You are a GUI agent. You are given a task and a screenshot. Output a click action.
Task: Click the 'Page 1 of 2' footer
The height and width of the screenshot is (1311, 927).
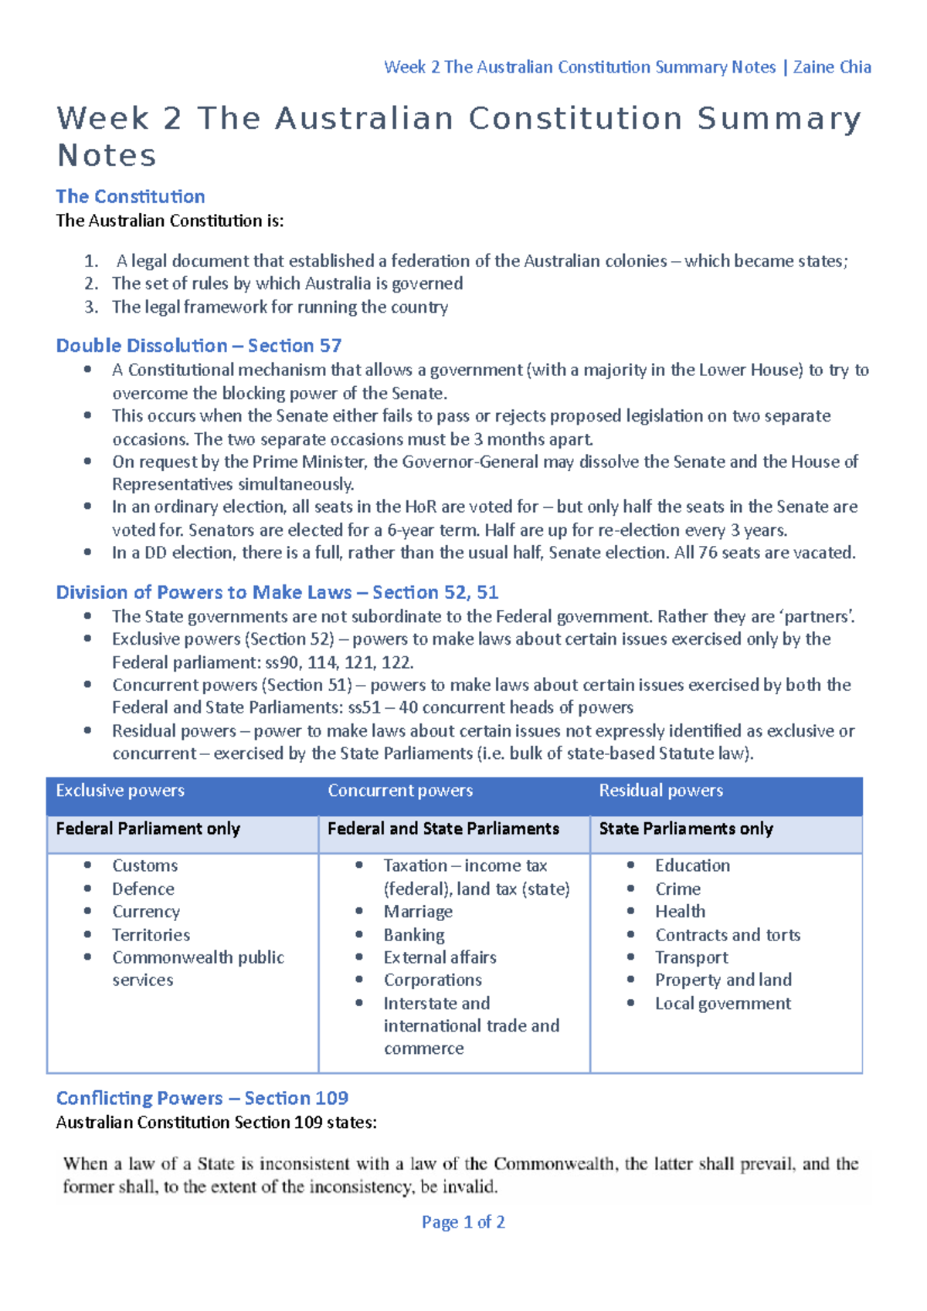pos(463,1221)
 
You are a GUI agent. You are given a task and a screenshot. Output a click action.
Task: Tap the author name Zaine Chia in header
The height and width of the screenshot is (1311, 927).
pos(832,67)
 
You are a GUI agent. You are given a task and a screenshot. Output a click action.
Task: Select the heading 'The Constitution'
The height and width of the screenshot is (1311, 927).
pos(131,196)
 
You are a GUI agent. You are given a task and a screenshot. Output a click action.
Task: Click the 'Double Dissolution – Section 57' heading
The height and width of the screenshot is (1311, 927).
pos(199,345)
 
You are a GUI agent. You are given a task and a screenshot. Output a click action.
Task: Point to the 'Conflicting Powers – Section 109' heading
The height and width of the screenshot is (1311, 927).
pos(202,1097)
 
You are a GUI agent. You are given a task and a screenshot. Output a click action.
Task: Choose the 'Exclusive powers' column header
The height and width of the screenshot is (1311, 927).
pos(120,790)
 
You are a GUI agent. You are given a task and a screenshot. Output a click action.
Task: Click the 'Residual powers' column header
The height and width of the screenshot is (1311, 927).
pos(660,790)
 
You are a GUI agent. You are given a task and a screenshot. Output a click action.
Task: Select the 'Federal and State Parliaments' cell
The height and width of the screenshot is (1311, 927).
pos(443,828)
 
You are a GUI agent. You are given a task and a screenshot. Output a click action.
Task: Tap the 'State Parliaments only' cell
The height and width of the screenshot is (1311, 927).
pos(686,828)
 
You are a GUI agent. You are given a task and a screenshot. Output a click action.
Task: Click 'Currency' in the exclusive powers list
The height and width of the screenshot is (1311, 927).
pos(146,911)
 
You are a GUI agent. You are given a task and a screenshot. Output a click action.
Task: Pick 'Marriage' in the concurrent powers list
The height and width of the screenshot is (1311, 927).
pos(418,911)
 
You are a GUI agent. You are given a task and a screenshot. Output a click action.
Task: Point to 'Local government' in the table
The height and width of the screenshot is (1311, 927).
pos(722,1003)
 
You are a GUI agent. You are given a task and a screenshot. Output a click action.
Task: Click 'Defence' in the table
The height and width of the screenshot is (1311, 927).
pos(143,889)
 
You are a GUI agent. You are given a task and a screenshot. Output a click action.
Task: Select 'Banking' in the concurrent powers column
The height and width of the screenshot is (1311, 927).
pos(414,934)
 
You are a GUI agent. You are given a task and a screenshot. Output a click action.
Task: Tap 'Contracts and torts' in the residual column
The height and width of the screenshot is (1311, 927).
pos(728,934)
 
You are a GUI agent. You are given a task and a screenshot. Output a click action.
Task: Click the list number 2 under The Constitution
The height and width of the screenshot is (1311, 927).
pos(91,283)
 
